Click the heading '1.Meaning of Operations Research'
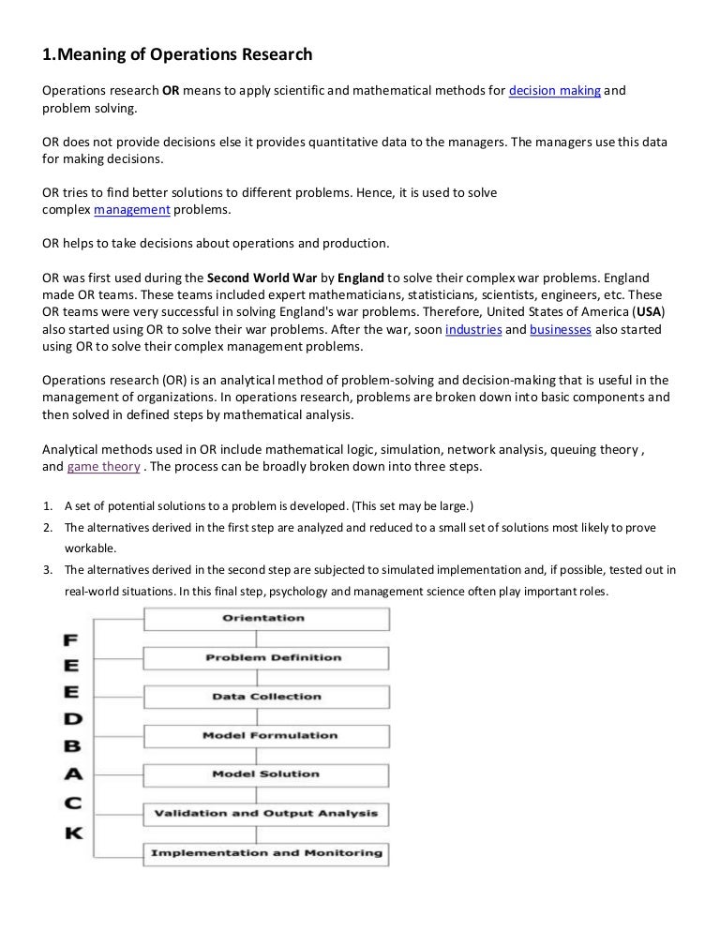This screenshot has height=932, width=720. coord(177,55)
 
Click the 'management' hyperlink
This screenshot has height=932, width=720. coord(132,209)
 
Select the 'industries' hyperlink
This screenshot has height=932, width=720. coord(472,330)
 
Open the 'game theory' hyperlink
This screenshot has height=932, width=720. coord(104,466)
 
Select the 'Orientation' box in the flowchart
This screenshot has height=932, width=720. coord(264,619)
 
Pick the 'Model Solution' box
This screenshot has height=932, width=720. coord(264,774)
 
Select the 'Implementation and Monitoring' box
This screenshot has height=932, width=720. coord(264,852)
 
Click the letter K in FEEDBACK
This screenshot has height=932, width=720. coord(72,833)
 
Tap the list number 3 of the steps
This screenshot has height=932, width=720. coord(47,569)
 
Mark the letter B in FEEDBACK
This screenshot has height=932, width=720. coord(71,747)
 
